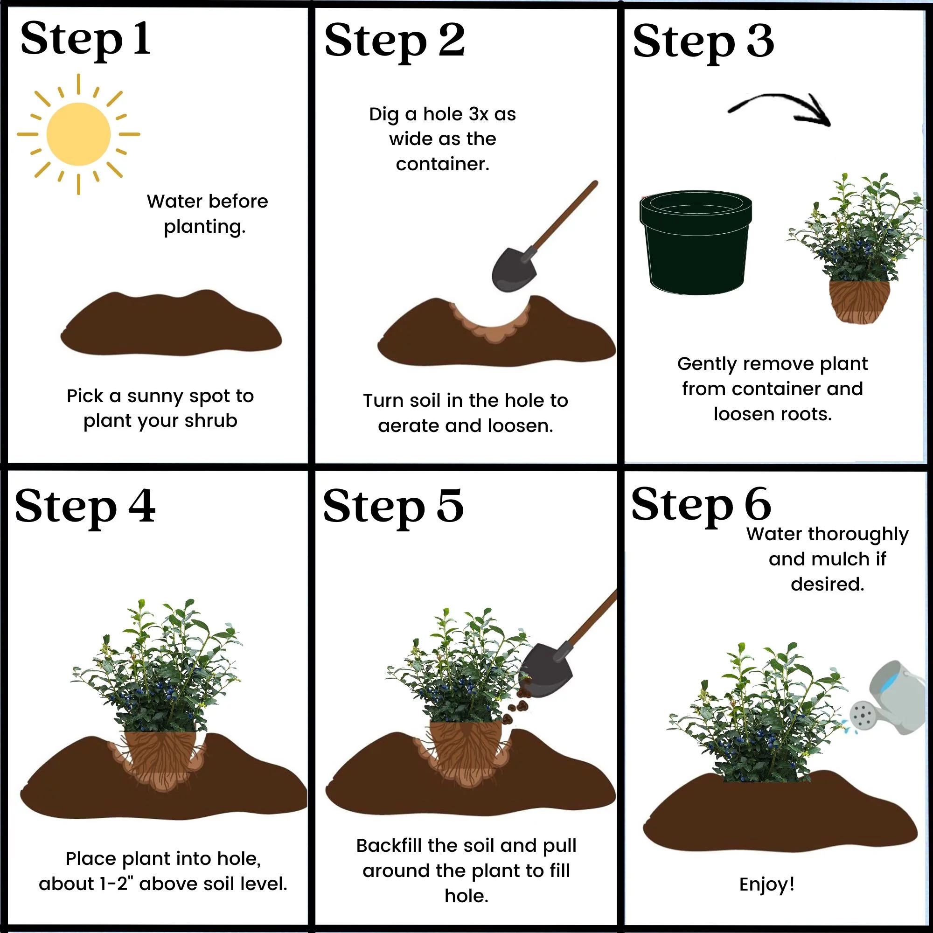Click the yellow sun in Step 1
click(79, 134)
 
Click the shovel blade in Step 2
click(514, 270)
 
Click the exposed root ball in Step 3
click(860, 301)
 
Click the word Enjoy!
click(767, 884)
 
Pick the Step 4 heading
click(85, 507)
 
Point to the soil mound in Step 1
click(171, 323)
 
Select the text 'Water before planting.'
click(207, 214)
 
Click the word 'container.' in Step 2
click(442, 164)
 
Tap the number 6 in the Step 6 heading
click(758, 504)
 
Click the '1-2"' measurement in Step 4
click(116, 884)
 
